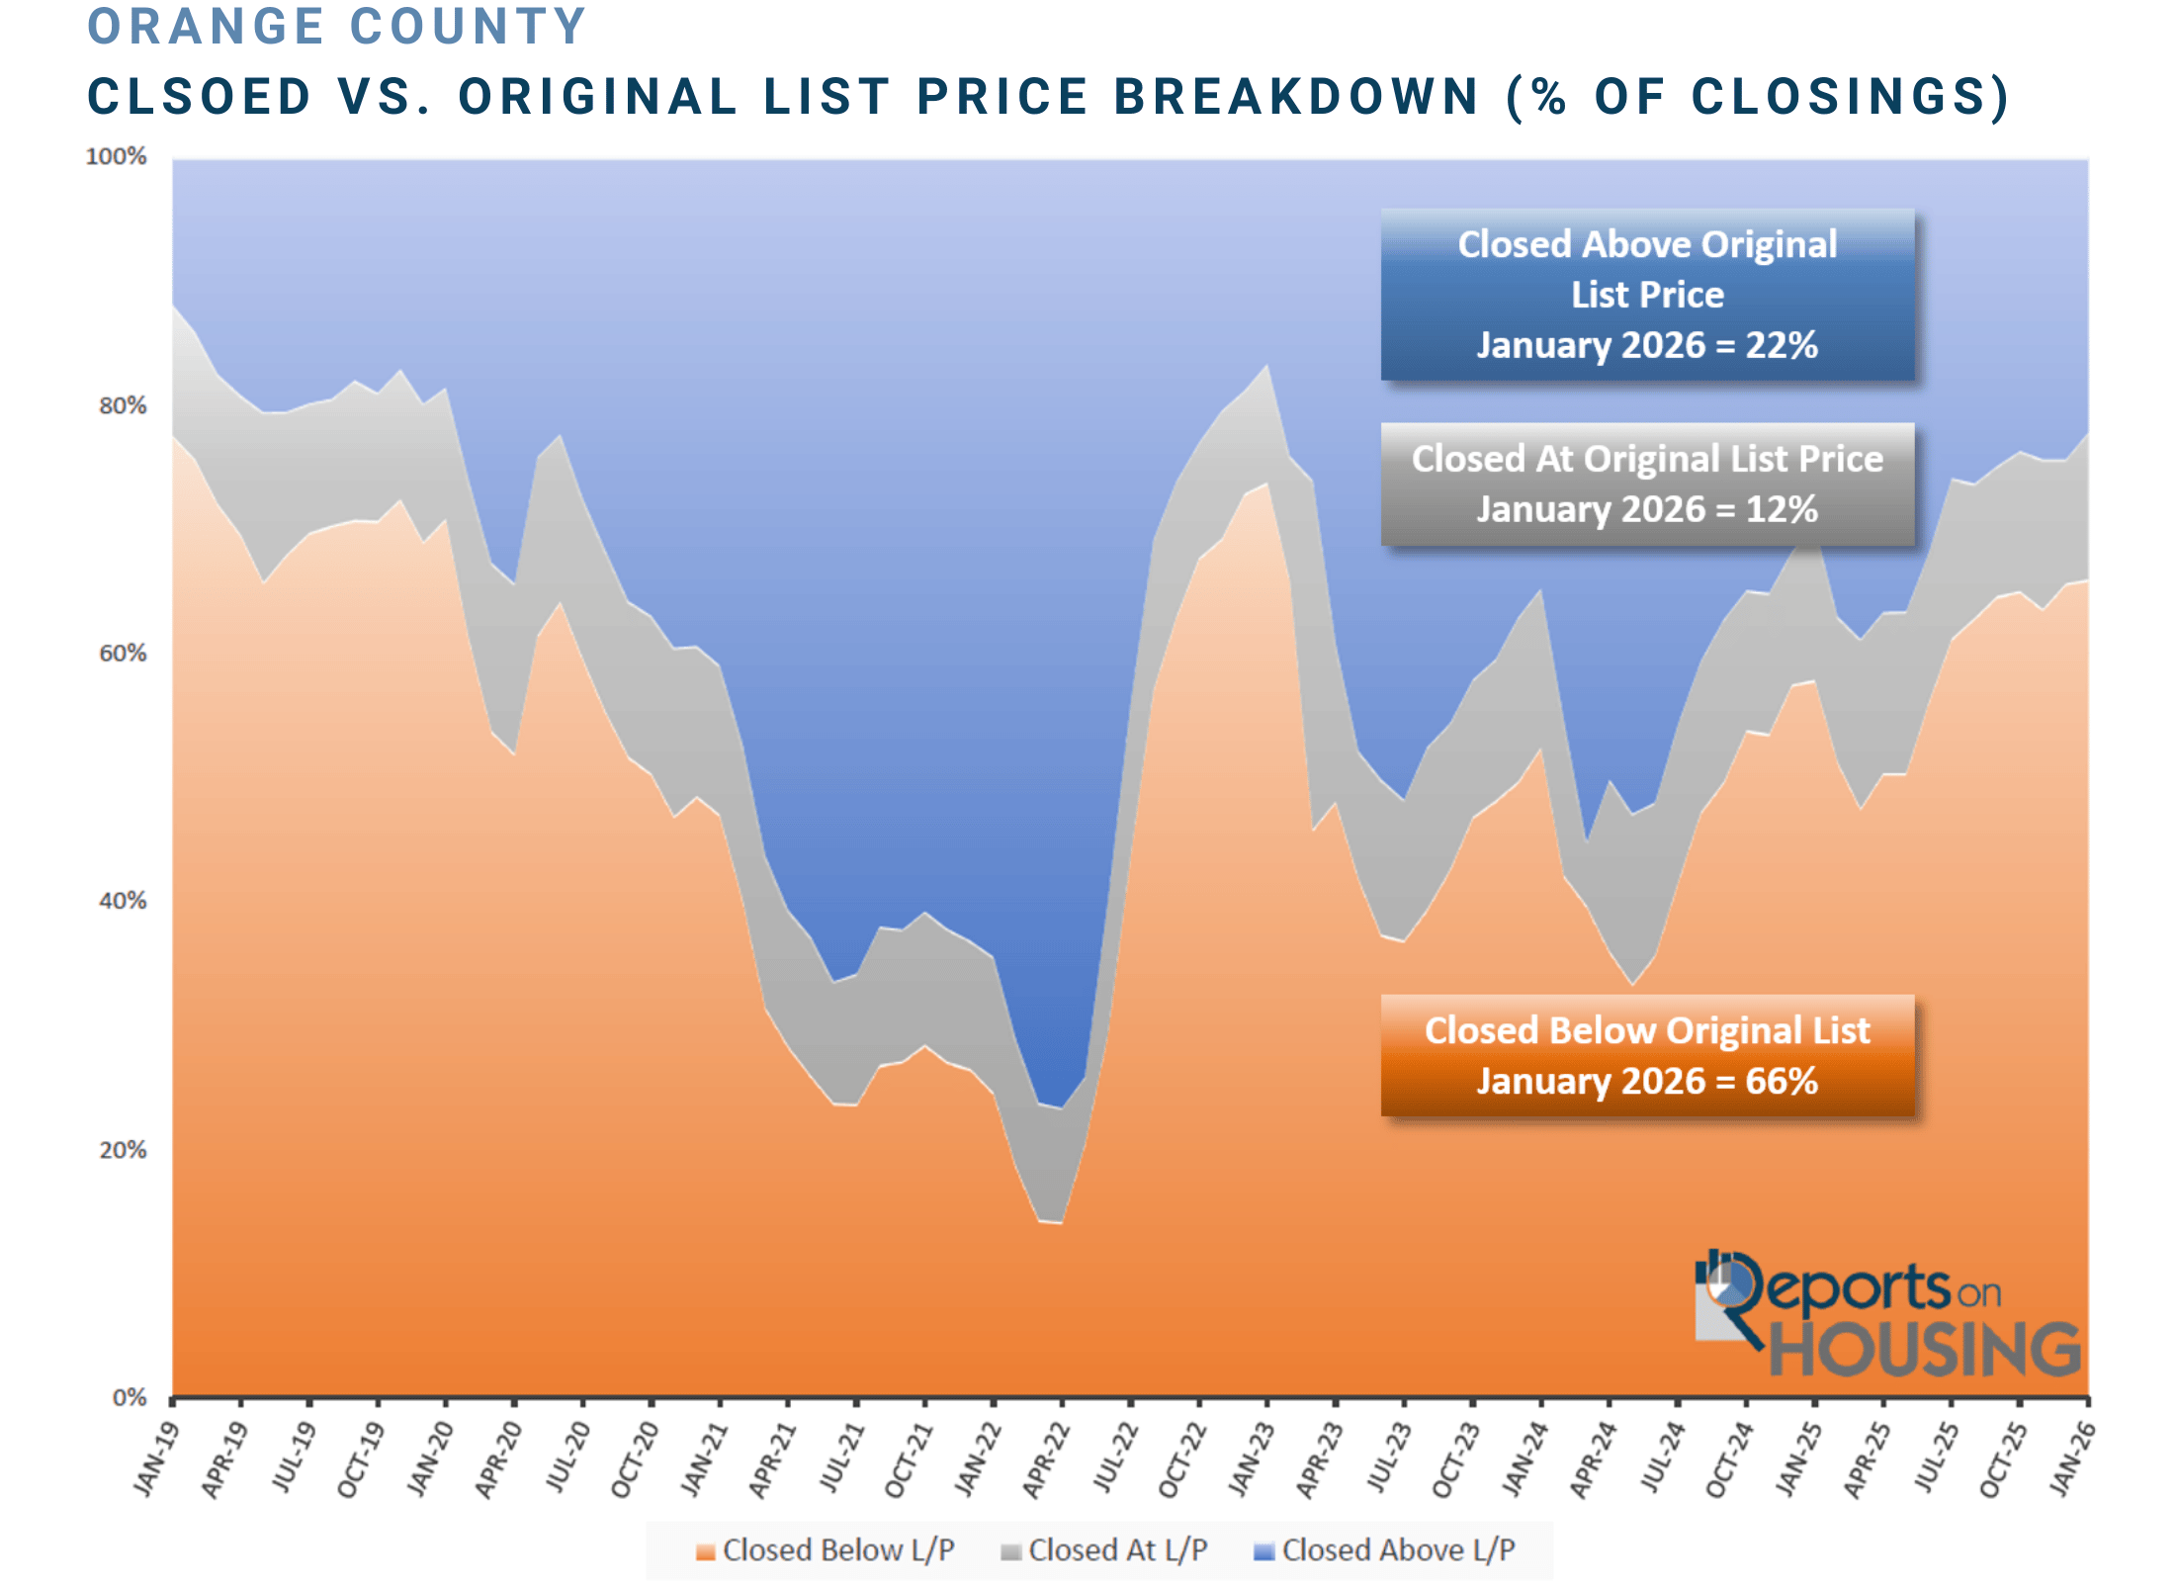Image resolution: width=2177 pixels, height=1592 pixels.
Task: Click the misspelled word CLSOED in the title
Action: pyautogui.click(x=199, y=97)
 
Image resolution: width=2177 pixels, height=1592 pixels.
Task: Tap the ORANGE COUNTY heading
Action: pyautogui.click(x=337, y=27)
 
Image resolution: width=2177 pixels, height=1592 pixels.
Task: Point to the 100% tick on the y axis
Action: pyautogui.click(x=116, y=156)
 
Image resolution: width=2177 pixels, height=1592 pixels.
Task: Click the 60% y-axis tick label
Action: pyautogui.click(x=122, y=653)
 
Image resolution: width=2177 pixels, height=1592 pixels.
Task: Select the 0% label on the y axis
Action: pyautogui.click(x=129, y=1397)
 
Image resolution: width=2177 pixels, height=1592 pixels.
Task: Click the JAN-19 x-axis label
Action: pyautogui.click(x=156, y=1459)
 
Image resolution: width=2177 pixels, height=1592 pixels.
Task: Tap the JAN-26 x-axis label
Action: pyautogui.click(x=2072, y=1459)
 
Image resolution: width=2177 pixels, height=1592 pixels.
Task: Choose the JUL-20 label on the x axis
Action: pyautogui.click(x=567, y=1458)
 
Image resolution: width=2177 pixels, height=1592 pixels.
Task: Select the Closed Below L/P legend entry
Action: pyautogui.click(x=826, y=1549)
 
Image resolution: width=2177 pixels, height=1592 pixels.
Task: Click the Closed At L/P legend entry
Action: pyautogui.click(x=1104, y=1549)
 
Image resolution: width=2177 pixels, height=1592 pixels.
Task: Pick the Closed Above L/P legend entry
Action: pyautogui.click(x=1385, y=1549)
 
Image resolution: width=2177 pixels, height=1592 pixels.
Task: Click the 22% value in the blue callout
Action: pyautogui.click(x=1781, y=345)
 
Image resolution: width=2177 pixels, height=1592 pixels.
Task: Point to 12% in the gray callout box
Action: pyautogui.click(x=1781, y=509)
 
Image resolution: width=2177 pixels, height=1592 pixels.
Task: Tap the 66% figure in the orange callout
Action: pyautogui.click(x=1781, y=1081)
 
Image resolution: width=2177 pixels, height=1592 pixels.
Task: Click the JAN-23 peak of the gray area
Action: pyautogui.click(x=1267, y=367)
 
